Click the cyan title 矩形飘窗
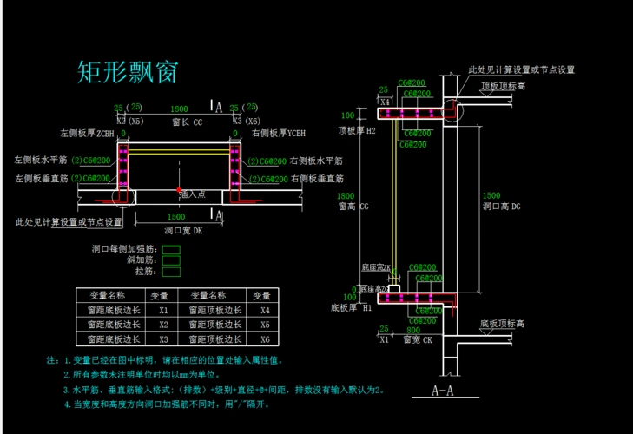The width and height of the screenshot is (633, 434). pos(128,72)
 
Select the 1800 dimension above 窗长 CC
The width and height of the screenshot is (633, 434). pos(179,109)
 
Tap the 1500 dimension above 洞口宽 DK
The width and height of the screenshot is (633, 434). pos(175,217)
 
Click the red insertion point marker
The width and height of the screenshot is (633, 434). pos(179,189)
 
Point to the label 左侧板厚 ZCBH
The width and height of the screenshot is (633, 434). pos(87,134)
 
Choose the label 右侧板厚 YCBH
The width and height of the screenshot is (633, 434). pos(279,134)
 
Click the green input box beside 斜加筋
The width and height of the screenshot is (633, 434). pos(171,260)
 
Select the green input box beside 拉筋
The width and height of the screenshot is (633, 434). pos(171,271)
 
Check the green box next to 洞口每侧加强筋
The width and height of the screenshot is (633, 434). pos(171,249)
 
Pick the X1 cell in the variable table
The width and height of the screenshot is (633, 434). pos(163,309)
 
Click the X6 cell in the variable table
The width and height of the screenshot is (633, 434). pos(261,339)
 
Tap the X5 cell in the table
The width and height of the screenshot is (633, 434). pos(261,324)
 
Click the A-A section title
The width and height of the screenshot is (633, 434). pos(445,391)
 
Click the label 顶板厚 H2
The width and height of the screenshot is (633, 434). pos(357,130)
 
